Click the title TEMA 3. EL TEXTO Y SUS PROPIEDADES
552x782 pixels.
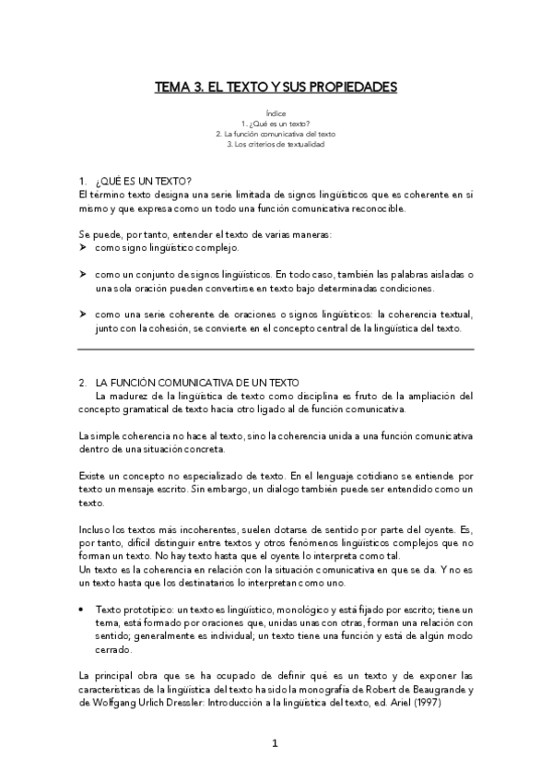(276, 88)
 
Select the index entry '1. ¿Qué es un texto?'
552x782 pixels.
(276, 124)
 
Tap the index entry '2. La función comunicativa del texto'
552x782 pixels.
(276, 134)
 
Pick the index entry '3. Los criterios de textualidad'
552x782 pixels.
(276, 144)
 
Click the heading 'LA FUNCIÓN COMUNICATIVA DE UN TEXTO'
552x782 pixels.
(203, 382)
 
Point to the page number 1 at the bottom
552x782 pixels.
(276, 743)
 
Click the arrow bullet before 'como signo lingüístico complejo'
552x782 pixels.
(83, 248)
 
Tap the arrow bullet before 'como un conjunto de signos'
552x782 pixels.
(83, 275)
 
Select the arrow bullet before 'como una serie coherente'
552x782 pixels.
(83, 314)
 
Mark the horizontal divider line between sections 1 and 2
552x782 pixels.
(276, 350)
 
